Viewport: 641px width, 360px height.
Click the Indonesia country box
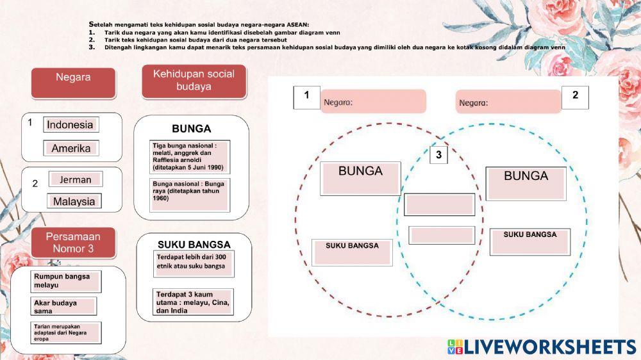[71, 125]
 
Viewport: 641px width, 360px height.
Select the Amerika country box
[71, 149]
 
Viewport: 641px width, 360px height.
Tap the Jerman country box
[76, 180]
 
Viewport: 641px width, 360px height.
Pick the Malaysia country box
[74, 202]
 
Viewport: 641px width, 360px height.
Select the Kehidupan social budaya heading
[194, 81]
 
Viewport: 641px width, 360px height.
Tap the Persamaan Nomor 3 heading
[73, 243]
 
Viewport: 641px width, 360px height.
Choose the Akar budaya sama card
[64, 306]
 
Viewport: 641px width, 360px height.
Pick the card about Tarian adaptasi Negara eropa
[66, 332]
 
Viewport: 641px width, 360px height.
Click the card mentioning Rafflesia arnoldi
[189, 157]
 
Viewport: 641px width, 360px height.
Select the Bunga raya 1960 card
[189, 194]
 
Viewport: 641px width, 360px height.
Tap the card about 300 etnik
[194, 263]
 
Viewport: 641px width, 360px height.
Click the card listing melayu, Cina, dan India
[194, 302]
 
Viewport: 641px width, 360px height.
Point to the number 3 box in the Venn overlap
[438, 154]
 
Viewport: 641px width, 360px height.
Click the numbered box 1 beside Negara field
[306, 97]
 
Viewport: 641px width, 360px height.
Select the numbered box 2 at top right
[575, 97]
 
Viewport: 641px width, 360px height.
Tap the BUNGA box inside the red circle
[360, 178]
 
